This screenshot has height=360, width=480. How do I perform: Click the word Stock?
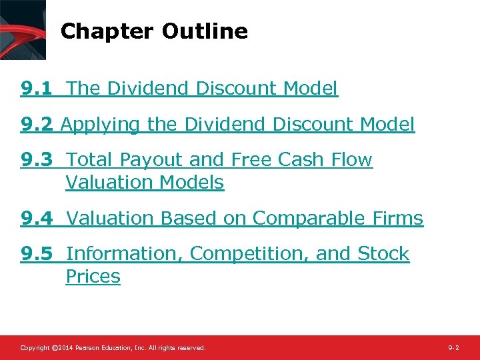[x=383, y=254]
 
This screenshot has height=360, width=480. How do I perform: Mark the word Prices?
[x=93, y=277]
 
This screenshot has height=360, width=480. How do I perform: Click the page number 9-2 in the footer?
[x=453, y=348]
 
